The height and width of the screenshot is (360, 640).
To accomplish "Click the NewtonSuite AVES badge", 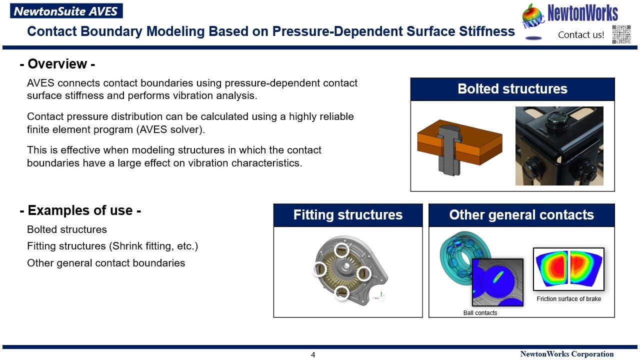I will pos(66,11).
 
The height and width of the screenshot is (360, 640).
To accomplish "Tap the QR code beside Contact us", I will pos(621,34).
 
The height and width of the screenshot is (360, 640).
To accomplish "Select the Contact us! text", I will pos(581,35).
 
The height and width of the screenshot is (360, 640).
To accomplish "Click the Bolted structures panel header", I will pos(512,89).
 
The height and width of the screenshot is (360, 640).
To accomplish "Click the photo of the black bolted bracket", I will pos(559,145).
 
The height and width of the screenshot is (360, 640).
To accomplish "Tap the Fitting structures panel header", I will pos(348,215).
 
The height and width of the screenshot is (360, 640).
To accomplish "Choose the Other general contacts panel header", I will pos(521,215).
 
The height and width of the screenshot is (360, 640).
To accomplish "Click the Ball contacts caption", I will pos(480,313).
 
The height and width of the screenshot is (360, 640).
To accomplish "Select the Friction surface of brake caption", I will pos(569,299).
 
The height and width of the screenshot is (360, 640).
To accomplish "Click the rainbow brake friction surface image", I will pos(568,269).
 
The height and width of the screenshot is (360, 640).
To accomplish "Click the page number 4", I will pos(313,355).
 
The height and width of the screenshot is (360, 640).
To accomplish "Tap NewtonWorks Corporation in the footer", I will pos(567,354).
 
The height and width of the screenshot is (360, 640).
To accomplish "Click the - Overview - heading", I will pos(57,64).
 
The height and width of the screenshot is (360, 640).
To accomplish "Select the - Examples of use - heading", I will pos(80,210).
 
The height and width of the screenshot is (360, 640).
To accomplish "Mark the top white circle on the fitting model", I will pos(341,249).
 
